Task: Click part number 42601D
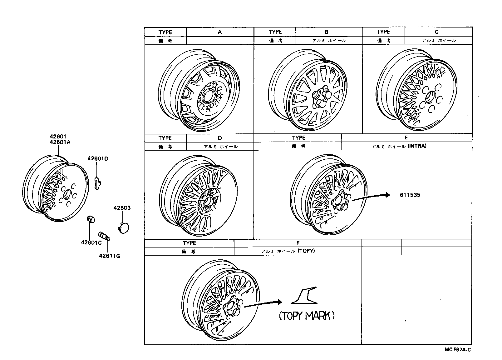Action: pos(98,158)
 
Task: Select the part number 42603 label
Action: pos(122,208)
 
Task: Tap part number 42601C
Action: pos(91,242)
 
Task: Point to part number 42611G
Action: pos(109,256)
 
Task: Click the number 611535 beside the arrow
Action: pos(410,195)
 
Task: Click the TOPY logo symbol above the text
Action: pos(304,296)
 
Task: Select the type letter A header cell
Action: pos(220,32)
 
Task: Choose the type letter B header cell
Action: pos(327,32)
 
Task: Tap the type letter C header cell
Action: pos(436,32)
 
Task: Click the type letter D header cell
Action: pos(220,138)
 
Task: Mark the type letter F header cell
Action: pos(298,243)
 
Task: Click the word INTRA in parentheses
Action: pos(417,146)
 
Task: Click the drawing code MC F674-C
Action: pos(458,350)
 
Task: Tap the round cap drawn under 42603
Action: pos(124,228)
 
